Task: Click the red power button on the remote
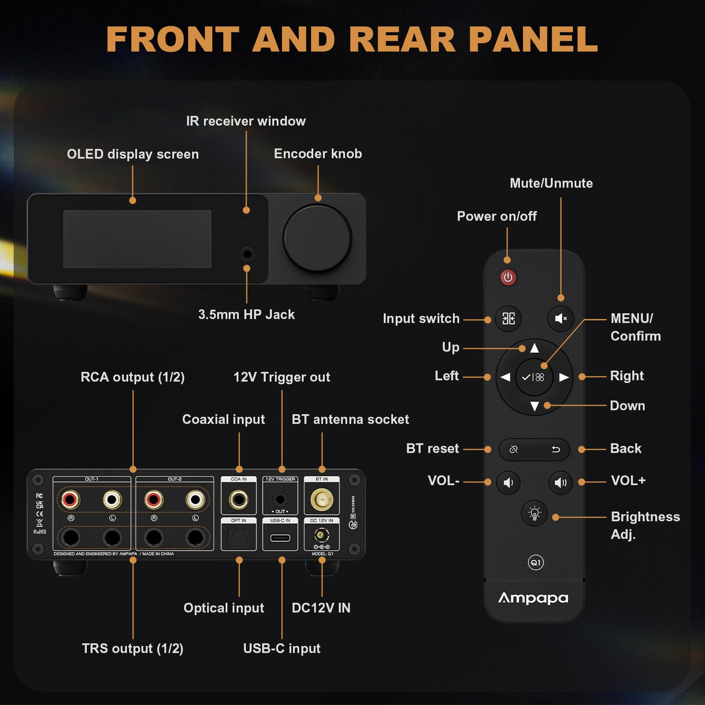(x=508, y=278)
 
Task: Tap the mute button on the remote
(x=560, y=319)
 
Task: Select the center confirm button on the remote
(x=534, y=377)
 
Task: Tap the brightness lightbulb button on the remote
(x=534, y=514)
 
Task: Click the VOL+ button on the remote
(x=560, y=483)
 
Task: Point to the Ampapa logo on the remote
(x=533, y=598)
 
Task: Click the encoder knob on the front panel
(x=317, y=238)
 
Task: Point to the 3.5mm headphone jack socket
(x=247, y=254)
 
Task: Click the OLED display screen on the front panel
(x=137, y=239)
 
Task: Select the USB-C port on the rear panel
(x=280, y=538)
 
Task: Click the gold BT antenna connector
(x=322, y=500)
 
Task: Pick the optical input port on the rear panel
(x=239, y=538)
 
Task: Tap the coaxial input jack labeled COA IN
(x=239, y=500)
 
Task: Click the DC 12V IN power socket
(x=322, y=536)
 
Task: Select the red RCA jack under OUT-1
(x=70, y=500)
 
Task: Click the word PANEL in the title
(x=533, y=39)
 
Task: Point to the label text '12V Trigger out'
(x=282, y=377)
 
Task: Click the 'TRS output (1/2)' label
(x=133, y=648)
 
